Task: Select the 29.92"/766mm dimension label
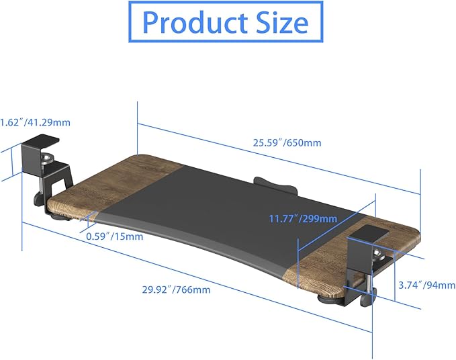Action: (177, 289)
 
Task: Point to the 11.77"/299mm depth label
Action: (303, 218)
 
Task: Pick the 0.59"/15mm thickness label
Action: (113, 236)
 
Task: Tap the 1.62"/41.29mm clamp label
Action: (35, 122)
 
